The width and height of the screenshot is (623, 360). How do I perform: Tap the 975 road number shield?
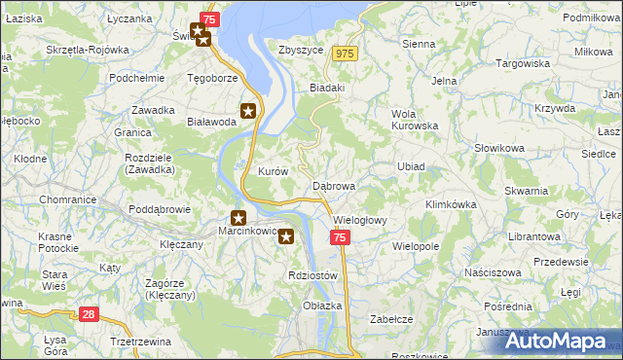[x=345, y=54]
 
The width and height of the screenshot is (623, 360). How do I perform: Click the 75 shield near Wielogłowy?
[x=339, y=237]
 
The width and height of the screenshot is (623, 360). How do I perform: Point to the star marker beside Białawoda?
[x=249, y=111]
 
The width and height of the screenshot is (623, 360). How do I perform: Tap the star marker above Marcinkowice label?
[x=238, y=218]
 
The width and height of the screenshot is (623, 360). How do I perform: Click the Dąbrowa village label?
[x=334, y=185]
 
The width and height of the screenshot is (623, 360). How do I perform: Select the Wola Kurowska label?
[x=414, y=119]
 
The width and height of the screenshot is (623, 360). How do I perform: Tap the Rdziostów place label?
[x=312, y=275]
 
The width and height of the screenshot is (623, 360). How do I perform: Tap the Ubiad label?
[x=411, y=166]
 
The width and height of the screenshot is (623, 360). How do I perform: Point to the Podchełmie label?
[x=135, y=78]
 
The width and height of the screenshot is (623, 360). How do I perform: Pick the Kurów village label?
[x=274, y=171]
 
